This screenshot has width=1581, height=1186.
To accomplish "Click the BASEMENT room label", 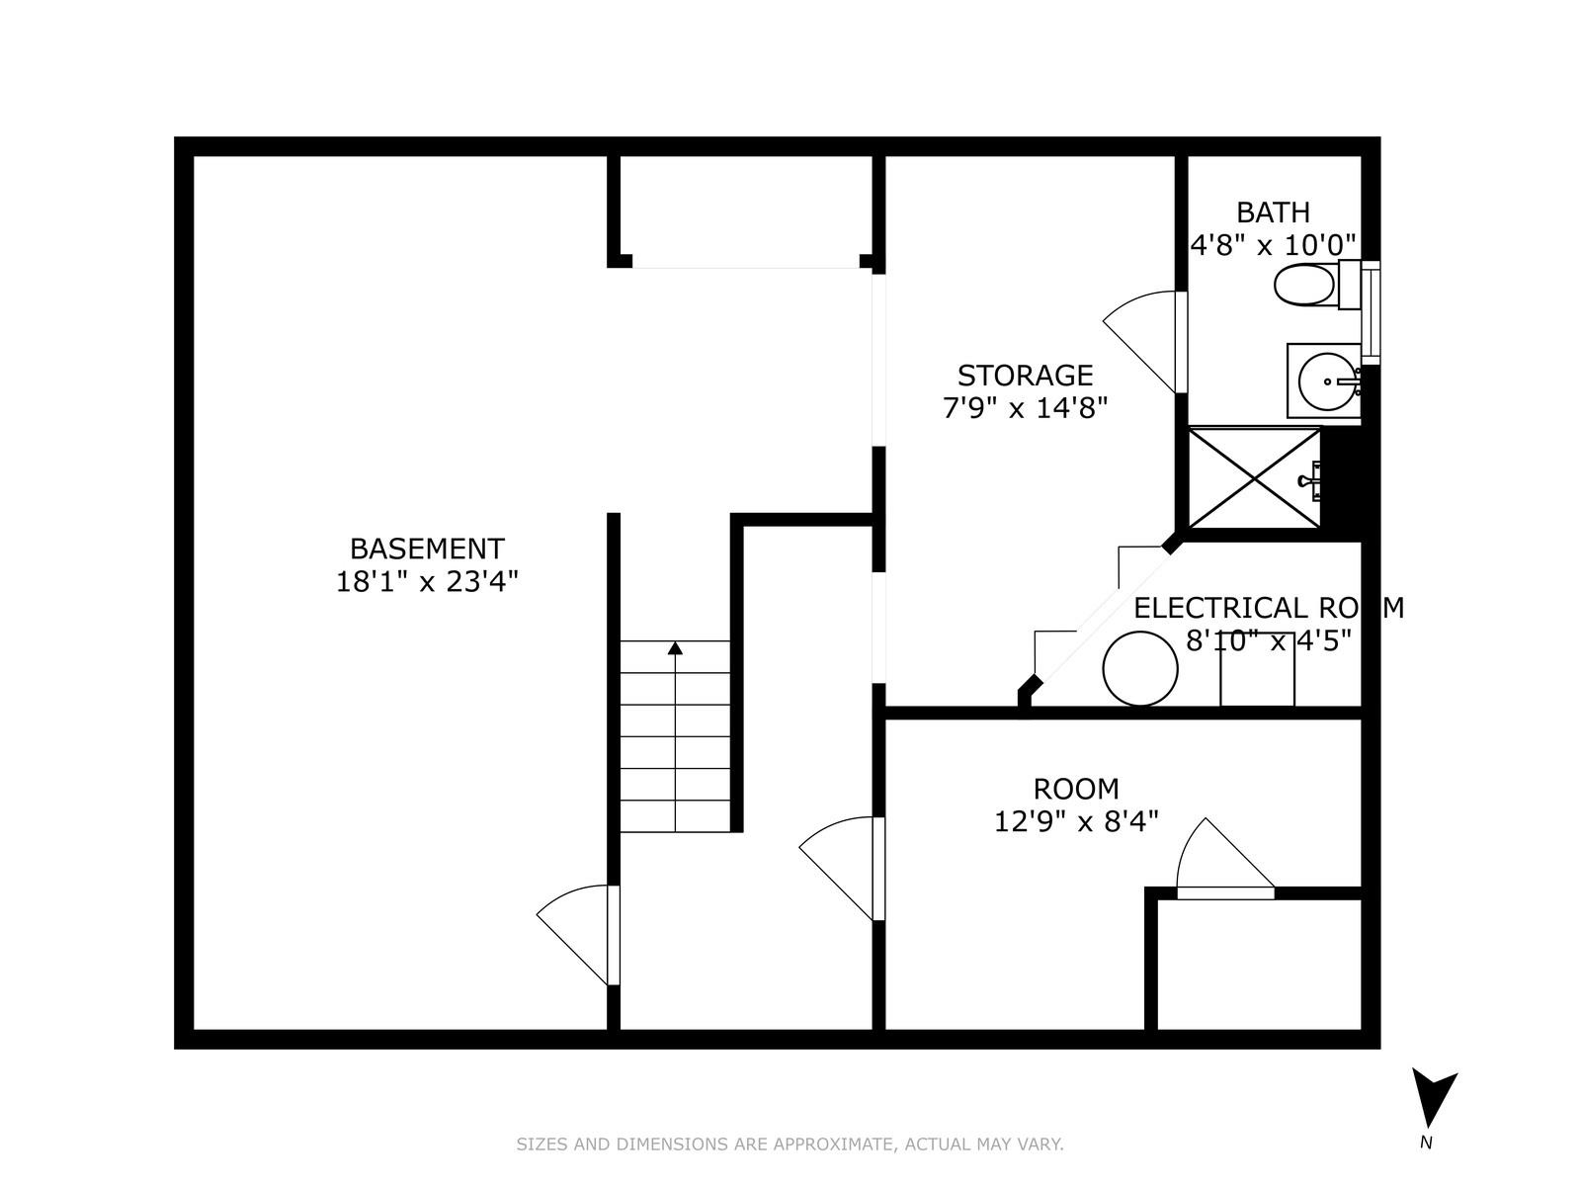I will pyautogui.click(x=427, y=549).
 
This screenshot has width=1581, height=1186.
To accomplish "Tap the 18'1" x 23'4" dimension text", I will pyautogui.click(x=427, y=581).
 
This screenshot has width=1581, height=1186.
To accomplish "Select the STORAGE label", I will pyautogui.click(x=1025, y=376).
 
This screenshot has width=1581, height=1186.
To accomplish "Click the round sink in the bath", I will pyautogui.click(x=1327, y=381).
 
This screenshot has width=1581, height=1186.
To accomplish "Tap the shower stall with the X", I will pyautogui.click(x=1254, y=478).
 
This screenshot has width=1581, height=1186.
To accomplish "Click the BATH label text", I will pyautogui.click(x=1273, y=212).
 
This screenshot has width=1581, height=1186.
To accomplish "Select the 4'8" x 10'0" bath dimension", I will pyautogui.click(x=1273, y=245).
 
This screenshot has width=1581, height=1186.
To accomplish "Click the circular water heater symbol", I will pyautogui.click(x=1139, y=669).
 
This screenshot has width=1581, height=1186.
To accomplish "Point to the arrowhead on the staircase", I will pyautogui.click(x=675, y=648).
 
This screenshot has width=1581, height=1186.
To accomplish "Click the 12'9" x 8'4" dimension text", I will pyautogui.click(x=1076, y=821).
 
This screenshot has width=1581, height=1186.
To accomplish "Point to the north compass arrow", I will pyautogui.click(x=1432, y=1097).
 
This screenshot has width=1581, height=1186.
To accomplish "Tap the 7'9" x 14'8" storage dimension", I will pyautogui.click(x=1025, y=407).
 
